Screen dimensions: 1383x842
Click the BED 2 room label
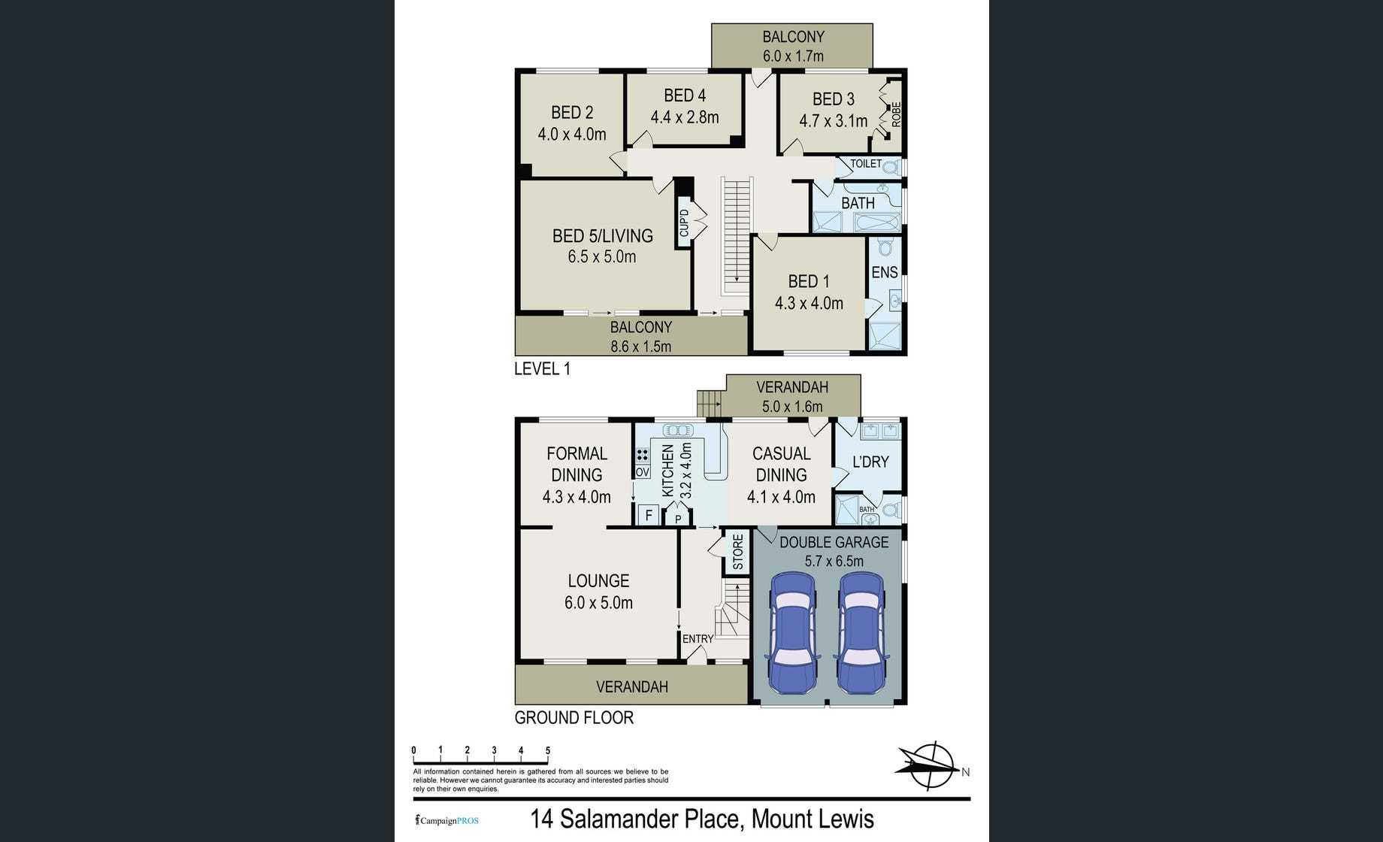click(572, 113)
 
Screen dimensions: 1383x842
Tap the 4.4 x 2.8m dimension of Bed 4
click(685, 117)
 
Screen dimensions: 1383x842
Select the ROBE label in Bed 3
click(896, 114)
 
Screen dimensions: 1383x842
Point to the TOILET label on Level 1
click(866, 163)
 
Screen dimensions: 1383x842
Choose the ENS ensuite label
click(885, 272)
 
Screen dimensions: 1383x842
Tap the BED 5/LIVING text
click(603, 236)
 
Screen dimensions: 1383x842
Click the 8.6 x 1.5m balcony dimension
click(641, 347)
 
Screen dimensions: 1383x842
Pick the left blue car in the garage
click(791, 632)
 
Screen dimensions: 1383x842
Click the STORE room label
click(738, 552)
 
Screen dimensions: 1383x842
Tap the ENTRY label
click(698, 639)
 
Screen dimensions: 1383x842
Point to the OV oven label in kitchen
click(642, 472)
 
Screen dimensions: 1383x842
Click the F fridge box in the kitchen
click(648, 516)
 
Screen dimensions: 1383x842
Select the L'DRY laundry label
click(870, 462)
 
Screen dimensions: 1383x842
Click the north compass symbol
click(931, 766)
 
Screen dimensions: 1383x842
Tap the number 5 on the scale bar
click(548, 750)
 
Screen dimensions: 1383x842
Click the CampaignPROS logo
click(446, 820)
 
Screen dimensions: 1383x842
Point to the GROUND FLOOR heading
click(574, 718)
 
